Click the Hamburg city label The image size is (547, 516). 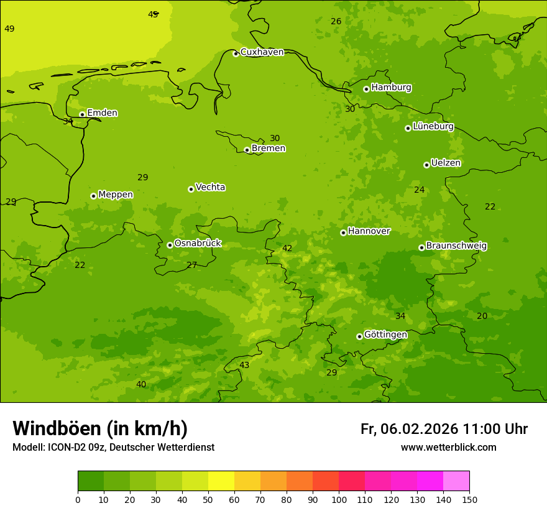tap(391, 88)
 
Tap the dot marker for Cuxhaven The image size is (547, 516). tap(236, 53)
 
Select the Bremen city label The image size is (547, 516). tap(268, 149)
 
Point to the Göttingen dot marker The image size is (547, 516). tap(359, 336)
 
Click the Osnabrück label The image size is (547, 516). tap(198, 244)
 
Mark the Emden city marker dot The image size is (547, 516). tap(82, 114)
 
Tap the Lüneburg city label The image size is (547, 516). tap(433, 127)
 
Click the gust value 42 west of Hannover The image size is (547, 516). tap(287, 249)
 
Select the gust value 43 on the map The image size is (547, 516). tap(244, 366)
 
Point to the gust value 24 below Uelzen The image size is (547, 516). tap(420, 190)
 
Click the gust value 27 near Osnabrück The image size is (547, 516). tap(192, 265)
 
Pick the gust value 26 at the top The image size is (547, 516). tap(336, 22)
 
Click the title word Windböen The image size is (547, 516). tap(57, 429)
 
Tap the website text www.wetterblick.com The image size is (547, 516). tap(448, 448)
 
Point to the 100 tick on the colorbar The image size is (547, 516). tap(339, 499)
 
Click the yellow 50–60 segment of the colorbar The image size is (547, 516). tap(221, 481)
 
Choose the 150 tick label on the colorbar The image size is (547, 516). tap(469, 499)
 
